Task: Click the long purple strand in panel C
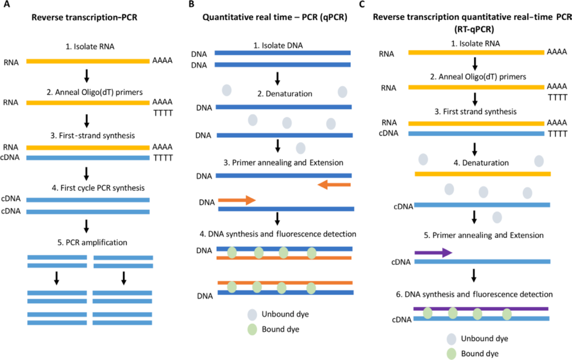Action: pyautogui.click(x=480, y=308)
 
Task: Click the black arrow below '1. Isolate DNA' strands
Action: pyautogui.click(x=278, y=76)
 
